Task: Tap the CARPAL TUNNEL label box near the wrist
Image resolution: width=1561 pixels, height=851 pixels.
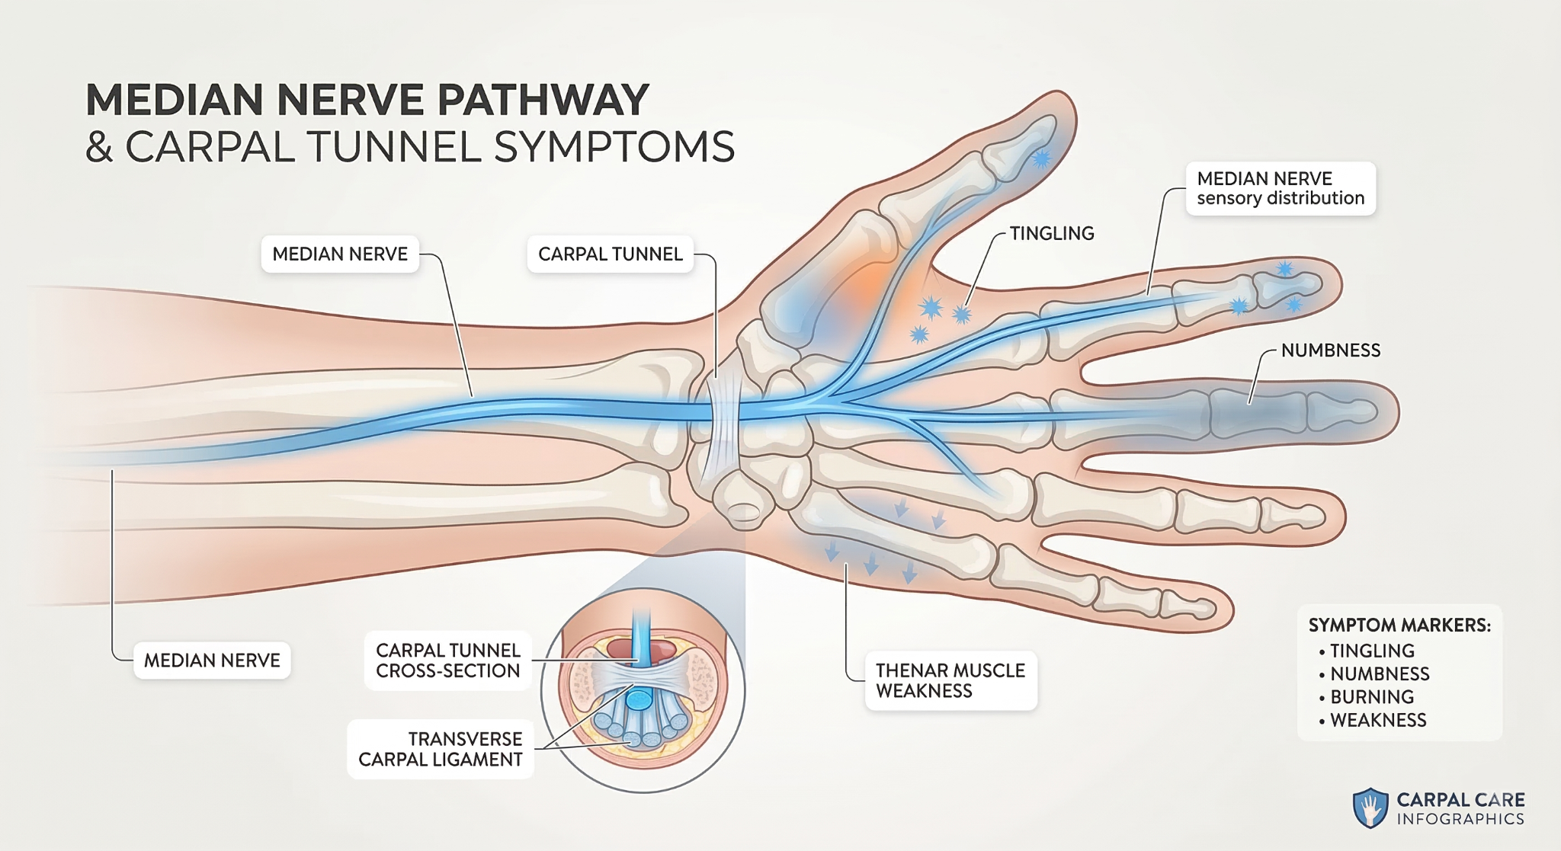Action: pos(610,254)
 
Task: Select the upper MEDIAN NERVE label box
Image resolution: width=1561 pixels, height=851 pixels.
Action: pos(340,254)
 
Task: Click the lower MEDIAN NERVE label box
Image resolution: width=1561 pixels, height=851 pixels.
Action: pos(212,661)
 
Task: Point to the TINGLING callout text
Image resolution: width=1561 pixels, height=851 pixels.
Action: pos(1051,234)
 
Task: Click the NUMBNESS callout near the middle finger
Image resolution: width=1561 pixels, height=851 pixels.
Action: pos(1330,350)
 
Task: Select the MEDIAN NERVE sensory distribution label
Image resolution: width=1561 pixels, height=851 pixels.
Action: pos(1280,188)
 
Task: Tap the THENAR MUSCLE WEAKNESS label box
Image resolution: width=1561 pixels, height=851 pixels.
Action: pos(950,680)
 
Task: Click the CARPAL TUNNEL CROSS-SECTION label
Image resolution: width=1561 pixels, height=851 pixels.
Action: pos(447,661)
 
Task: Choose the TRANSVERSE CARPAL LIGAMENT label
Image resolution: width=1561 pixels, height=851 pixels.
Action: pos(441,749)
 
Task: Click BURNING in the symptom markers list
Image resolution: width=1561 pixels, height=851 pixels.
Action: pos(1371,697)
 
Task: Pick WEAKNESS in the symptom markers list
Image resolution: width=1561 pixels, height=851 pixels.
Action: pos(1377,720)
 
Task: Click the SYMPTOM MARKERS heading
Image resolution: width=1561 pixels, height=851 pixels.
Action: pos(1399,625)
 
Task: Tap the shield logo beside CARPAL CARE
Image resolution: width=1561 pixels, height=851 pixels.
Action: pos(1370,808)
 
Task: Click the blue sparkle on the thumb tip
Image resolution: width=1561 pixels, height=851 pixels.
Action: pos(1041,159)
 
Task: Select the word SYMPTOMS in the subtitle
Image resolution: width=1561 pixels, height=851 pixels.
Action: pos(614,146)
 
